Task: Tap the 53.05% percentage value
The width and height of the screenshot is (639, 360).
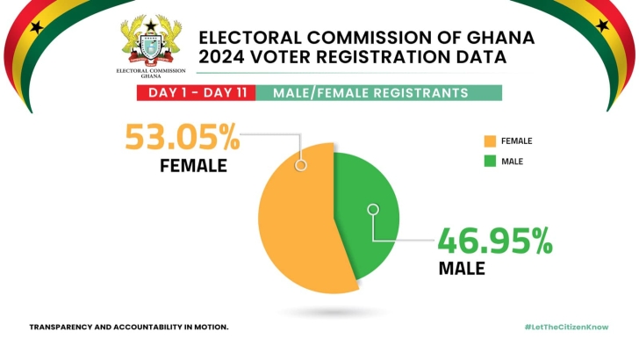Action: tap(182, 140)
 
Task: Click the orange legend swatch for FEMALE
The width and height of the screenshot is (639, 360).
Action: tap(489, 140)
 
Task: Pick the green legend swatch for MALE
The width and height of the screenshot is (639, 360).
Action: tap(489, 161)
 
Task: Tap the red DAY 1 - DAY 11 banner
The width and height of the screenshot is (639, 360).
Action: tap(197, 93)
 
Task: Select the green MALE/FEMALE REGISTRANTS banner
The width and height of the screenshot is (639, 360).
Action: tap(381, 93)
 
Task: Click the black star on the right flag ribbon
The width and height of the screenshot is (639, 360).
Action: tap(602, 25)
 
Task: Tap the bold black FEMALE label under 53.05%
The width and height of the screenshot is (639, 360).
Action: tap(193, 165)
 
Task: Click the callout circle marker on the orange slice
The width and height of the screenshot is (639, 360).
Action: tap(301, 164)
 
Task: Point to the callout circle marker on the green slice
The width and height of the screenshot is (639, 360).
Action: tap(373, 209)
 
